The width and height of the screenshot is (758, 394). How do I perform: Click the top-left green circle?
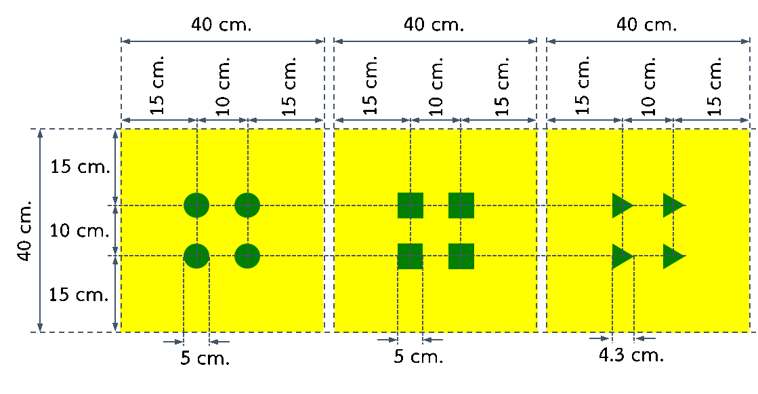tap(196, 205)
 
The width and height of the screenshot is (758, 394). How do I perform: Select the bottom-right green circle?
tap(247, 256)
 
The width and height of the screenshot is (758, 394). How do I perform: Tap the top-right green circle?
tap(247, 205)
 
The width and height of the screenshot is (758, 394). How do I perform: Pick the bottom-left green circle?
tap(196, 256)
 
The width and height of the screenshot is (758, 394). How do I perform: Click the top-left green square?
tap(410, 205)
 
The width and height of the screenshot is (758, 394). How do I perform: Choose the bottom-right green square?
tap(461, 256)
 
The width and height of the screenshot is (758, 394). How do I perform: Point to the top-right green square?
tap(461, 205)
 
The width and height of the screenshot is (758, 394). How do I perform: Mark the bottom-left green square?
tap(410, 256)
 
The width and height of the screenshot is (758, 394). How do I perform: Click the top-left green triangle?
tap(621, 205)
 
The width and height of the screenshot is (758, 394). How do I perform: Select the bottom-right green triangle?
tap(672, 256)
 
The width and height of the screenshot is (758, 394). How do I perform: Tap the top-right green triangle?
tap(672, 205)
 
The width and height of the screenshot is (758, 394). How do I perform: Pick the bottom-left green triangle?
tap(621, 256)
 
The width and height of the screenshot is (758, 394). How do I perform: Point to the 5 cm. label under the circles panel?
tap(205, 359)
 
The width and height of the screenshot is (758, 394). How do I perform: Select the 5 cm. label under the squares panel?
tap(419, 357)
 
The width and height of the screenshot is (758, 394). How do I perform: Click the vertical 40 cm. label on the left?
tap(24, 231)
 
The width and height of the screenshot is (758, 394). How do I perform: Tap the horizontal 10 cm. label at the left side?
tap(80, 231)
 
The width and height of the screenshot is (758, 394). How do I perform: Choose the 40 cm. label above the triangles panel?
tap(646, 24)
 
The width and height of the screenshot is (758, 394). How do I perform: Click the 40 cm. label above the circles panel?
tap(222, 24)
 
